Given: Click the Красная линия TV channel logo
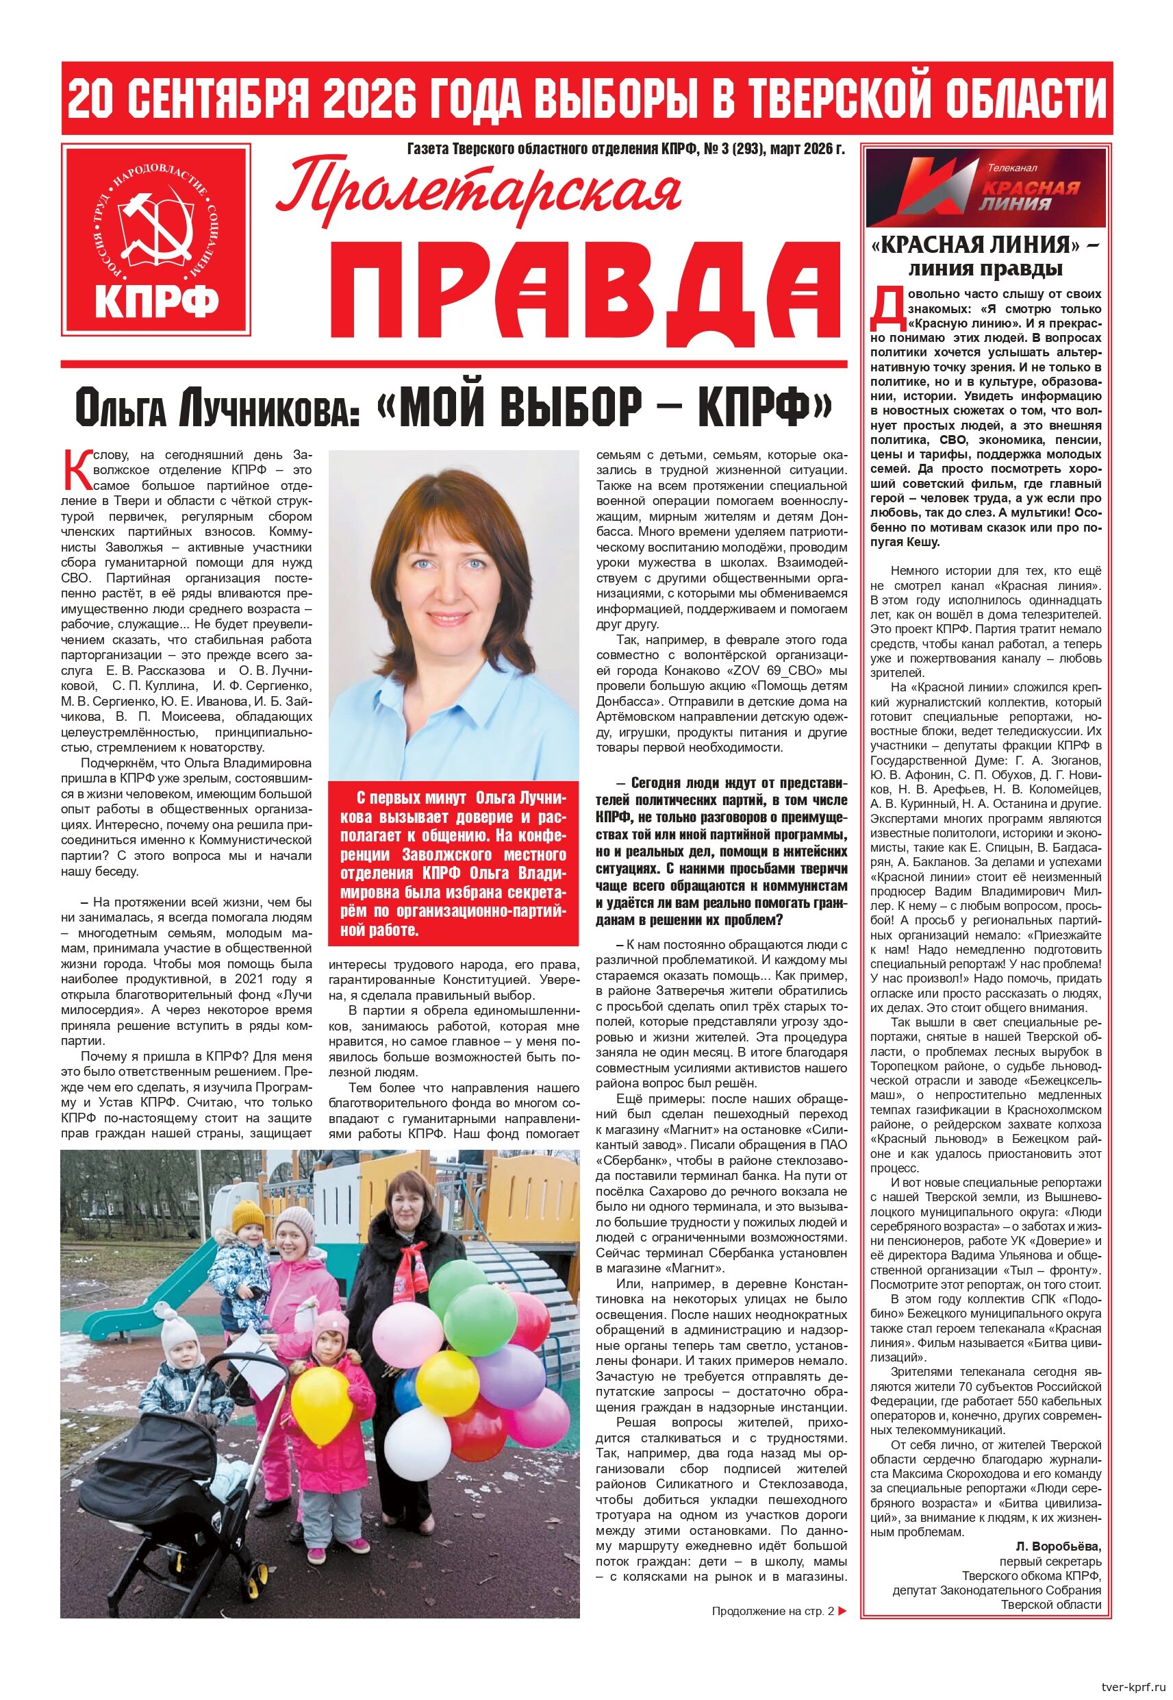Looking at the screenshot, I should tap(985, 187).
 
